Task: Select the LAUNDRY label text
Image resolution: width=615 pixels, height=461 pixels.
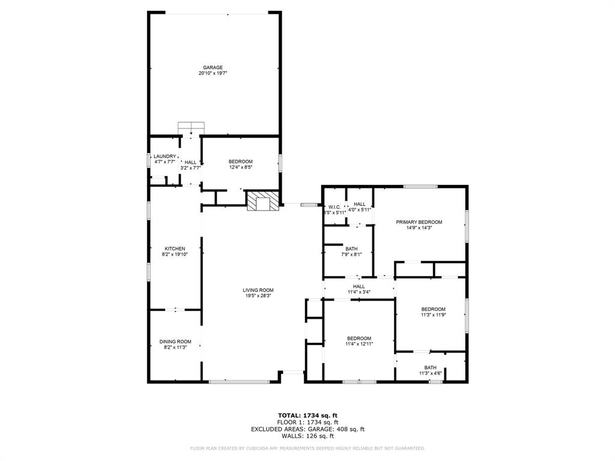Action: [x=165, y=157]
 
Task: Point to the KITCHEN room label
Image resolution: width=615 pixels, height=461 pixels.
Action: [x=175, y=249]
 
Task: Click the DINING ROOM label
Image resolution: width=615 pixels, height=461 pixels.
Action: [x=175, y=342]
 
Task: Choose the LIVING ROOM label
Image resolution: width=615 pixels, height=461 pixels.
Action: [x=258, y=290]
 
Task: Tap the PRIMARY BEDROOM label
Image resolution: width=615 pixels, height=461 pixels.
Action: [x=419, y=222]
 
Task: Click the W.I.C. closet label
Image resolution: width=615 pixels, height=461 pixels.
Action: [x=335, y=207]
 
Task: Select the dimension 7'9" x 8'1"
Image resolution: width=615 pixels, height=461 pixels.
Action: [x=351, y=254]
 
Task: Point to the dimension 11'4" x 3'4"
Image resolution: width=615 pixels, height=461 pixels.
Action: [x=359, y=292]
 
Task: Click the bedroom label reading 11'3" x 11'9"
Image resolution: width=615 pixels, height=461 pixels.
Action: [x=433, y=315]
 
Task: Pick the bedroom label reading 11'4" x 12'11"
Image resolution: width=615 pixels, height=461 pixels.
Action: [x=359, y=343]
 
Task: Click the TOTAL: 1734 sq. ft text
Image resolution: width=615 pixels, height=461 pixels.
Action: [x=307, y=415]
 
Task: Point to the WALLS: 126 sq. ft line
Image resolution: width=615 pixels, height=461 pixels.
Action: [x=307, y=436]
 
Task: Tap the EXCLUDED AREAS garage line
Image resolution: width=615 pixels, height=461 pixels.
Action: [x=307, y=429]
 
